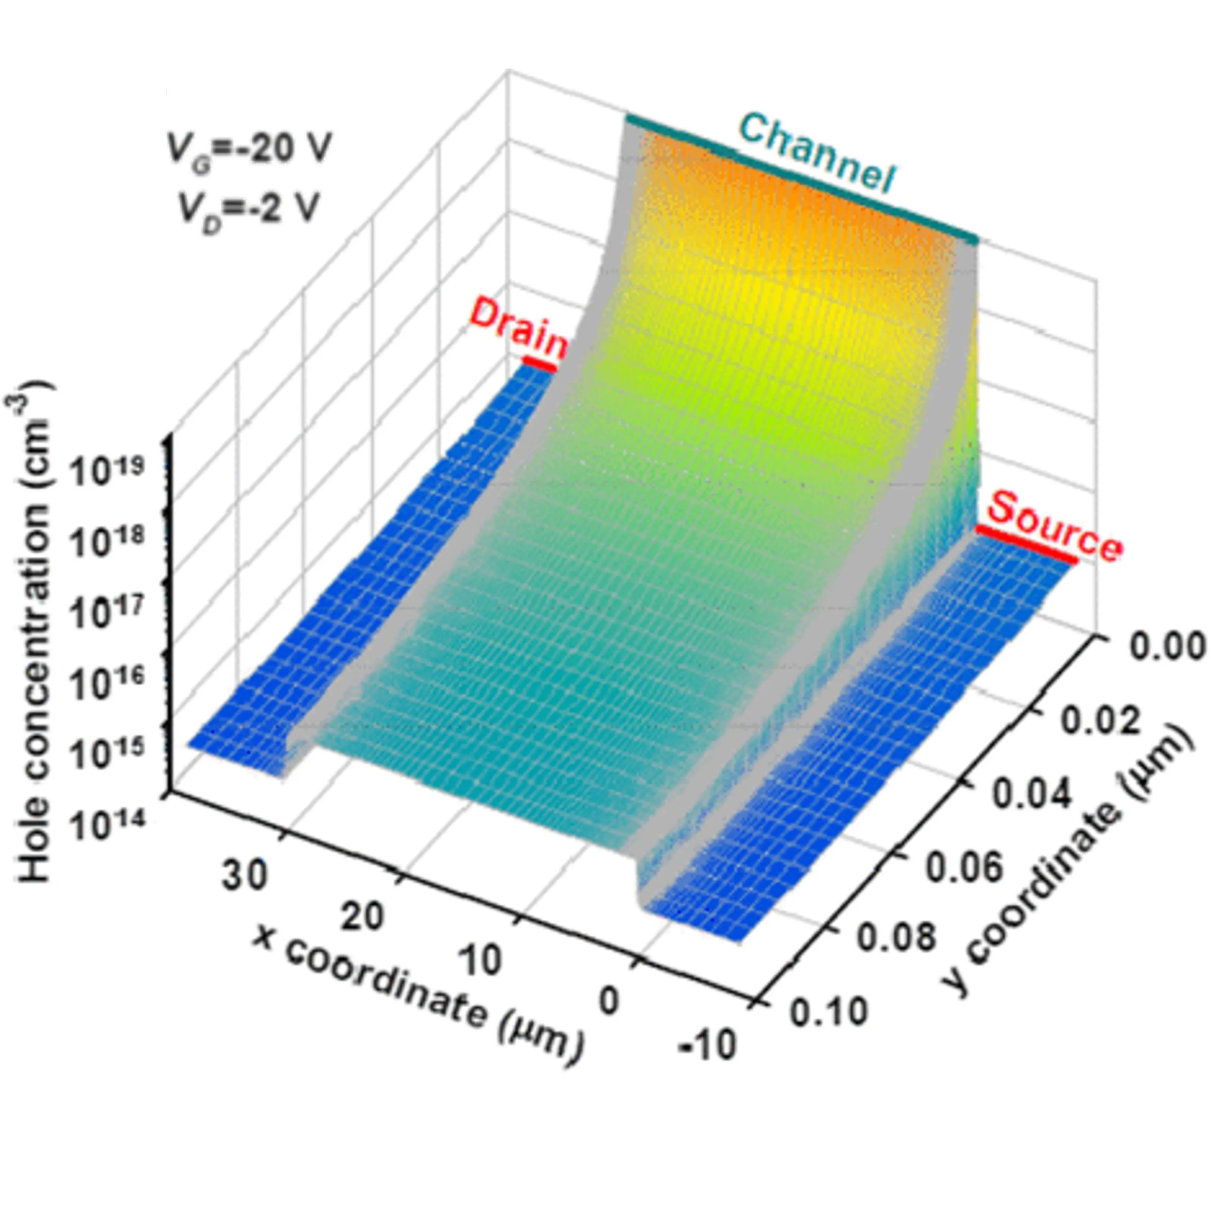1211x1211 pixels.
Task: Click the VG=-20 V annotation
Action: point(248,151)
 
